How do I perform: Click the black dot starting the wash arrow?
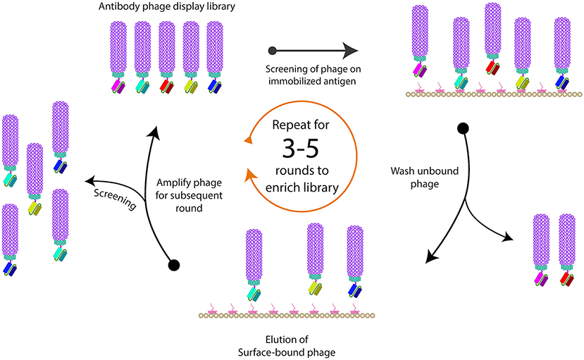tap(463, 128)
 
